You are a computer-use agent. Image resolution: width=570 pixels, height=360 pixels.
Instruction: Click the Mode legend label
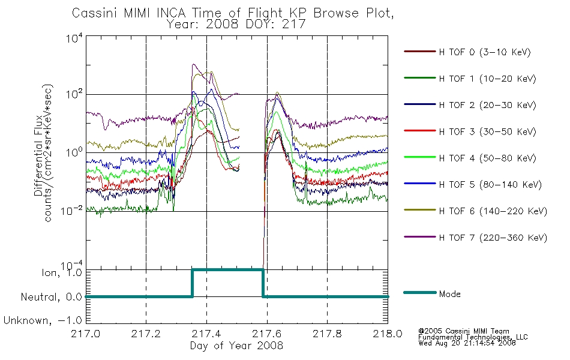coord(449,294)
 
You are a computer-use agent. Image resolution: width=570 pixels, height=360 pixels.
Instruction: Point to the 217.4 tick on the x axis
coord(206,334)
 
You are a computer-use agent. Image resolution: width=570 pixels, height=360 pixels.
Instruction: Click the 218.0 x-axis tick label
coord(388,334)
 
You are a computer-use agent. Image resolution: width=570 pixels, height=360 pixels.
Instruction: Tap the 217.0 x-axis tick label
coord(86,334)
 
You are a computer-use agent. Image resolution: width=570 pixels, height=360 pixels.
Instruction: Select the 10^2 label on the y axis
coord(74,95)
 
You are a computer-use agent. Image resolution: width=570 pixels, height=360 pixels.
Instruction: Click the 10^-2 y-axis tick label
coord(72,211)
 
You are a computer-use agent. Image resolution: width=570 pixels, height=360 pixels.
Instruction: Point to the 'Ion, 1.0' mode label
coord(62,272)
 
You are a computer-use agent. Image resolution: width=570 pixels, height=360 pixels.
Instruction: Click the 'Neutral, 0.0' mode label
coord(51,297)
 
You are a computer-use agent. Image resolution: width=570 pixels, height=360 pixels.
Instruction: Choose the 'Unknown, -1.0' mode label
coord(43,320)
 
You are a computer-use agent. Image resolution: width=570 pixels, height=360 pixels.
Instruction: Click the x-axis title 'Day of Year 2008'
coord(236,346)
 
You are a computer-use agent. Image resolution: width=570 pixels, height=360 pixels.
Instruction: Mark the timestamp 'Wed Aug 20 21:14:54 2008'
coord(467,343)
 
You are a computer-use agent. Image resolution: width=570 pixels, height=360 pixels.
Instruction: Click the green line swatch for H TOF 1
coord(420,78)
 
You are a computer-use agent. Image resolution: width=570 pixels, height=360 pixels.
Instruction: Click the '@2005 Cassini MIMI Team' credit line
coord(464,331)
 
